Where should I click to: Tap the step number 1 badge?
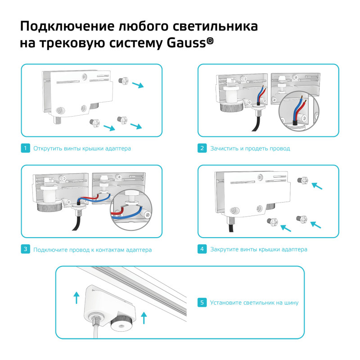click(26, 148)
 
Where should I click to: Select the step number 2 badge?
click(202, 148)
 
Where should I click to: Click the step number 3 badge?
click(26, 249)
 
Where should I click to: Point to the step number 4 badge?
click(202, 249)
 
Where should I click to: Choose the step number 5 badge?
click(202, 302)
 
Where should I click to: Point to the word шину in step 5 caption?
click(290, 303)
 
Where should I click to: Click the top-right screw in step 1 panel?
click(123, 81)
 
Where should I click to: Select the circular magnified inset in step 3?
click(130, 209)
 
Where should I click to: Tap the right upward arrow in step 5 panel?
click(144, 317)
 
